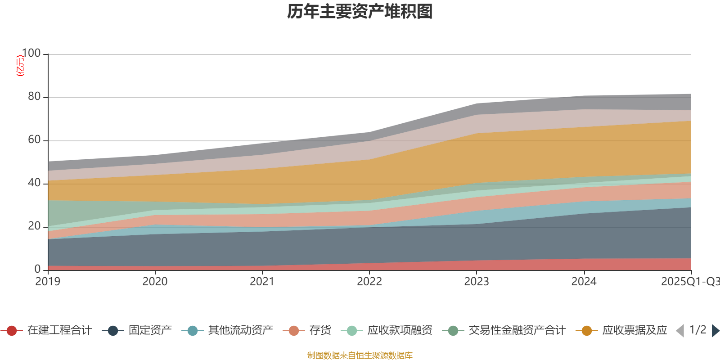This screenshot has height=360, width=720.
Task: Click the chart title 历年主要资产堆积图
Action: pyautogui.click(x=360, y=12)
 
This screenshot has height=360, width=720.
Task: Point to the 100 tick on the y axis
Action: pyautogui.click(x=31, y=53)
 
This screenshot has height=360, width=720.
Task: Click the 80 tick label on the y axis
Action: pyautogui.click(x=34, y=96)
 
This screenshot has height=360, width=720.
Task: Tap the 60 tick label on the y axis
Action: pyautogui.click(x=34, y=139)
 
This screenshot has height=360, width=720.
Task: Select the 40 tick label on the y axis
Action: pyautogui.click(x=34, y=183)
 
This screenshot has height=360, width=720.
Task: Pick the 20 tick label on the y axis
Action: pyautogui.click(x=34, y=226)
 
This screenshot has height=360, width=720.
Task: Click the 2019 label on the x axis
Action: pyautogui.click(x=48, y=282)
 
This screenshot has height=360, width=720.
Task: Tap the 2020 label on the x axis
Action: pyautogui.click(x=155, y=282)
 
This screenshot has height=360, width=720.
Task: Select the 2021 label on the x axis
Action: pyautogui.click(x=262, y=282)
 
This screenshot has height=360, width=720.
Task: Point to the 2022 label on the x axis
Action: pyautogui.click(x=369, y=282)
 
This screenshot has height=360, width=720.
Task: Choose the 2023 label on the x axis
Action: pyautogui.click(x=477, y=282)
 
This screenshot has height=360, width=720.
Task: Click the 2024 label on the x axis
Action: pyautogui.click(x=584, y=282)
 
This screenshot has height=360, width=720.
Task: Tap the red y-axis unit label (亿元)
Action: pyautogui.click(x=20, y=66)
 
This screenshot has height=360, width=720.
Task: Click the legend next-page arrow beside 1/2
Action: pyautogui.click(x=715, y=331)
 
